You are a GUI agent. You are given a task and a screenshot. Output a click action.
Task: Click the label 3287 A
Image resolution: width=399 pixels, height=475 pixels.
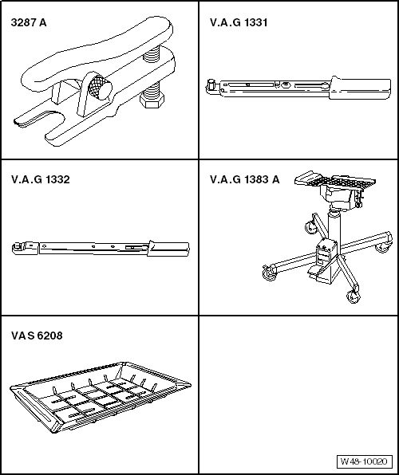[29, 22]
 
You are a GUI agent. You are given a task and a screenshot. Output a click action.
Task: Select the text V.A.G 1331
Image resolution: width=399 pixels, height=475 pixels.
[238, 22]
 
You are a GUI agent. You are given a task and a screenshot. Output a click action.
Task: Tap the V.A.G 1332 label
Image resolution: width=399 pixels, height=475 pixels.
[40, 179]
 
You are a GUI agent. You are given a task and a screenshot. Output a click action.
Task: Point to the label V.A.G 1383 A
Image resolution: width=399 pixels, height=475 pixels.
[244, 179]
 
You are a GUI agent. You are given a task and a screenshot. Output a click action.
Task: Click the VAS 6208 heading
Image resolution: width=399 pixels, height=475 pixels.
[37, 336]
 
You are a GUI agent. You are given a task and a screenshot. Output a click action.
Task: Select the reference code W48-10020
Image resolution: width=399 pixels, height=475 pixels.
[365, 461]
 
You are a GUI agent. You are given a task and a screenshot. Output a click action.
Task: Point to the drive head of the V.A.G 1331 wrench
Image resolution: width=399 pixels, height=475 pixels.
[212, 84]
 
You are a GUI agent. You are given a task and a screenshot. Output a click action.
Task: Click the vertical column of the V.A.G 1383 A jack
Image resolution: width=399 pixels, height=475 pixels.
[334, 231]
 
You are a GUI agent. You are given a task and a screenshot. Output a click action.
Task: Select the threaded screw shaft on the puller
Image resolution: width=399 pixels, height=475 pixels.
[152, 76]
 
